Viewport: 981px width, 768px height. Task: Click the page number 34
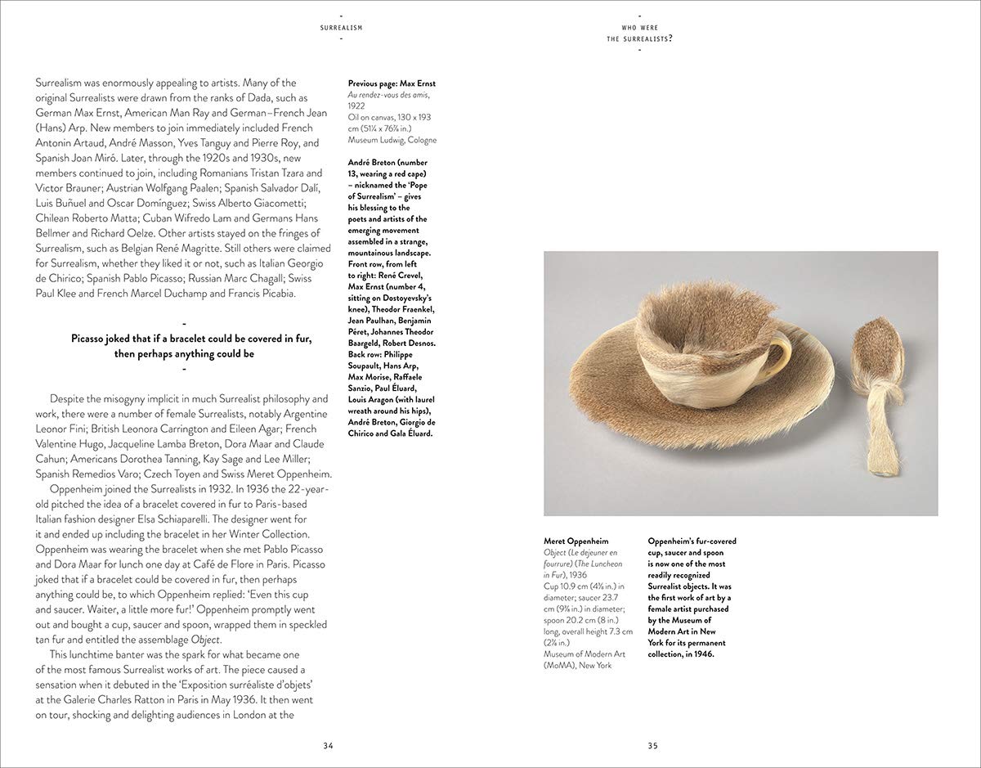click(328, 745)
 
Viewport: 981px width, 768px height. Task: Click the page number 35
click(653, 745)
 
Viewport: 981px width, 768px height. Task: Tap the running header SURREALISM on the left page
click(342, 28)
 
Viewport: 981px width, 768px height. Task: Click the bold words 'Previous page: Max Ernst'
click(392, 83)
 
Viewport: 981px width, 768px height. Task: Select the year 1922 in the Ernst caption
click(357, 106)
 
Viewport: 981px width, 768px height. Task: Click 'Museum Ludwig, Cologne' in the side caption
click(392, 140)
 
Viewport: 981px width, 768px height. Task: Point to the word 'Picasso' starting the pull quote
click(92, 339)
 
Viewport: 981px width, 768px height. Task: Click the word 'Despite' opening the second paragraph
click(69, 399)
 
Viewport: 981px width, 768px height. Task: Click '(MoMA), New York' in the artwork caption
click(577, 665)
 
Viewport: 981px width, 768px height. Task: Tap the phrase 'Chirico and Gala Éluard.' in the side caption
click(391, 433)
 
